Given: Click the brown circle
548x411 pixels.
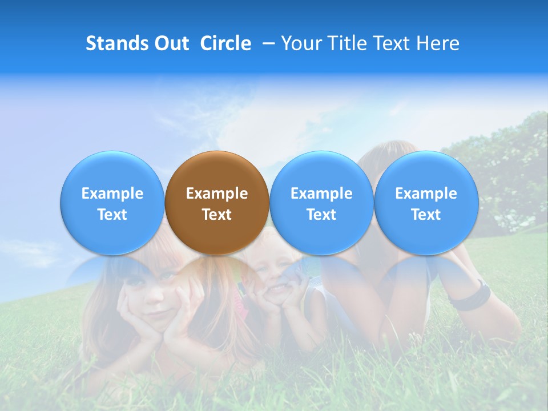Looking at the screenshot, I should pos(217,203).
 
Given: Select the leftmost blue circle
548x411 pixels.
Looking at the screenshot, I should pos(112,203).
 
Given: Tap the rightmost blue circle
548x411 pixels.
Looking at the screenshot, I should pos(426,203).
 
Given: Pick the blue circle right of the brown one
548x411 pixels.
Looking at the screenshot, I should pos(321,203).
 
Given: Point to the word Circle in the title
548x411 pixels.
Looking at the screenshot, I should pos(225,43).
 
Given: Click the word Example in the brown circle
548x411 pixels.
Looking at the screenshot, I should pos(217,194).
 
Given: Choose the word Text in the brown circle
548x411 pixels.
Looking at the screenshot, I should pos(217,215).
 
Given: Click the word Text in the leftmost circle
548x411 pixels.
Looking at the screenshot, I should pos(112,215).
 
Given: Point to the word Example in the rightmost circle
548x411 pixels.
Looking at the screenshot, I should pos(426,194).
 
